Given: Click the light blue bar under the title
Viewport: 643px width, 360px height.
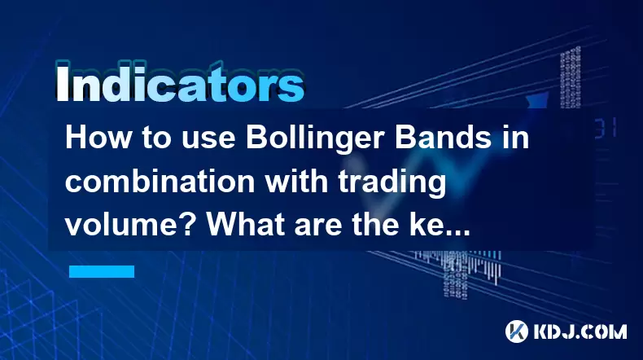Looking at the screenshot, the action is pos(102,271).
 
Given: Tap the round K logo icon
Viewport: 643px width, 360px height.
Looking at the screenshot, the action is pos(517,331).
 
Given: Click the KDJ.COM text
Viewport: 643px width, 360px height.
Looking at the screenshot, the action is pos(580,331).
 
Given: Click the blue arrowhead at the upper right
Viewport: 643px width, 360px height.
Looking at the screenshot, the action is pos(538,100).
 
